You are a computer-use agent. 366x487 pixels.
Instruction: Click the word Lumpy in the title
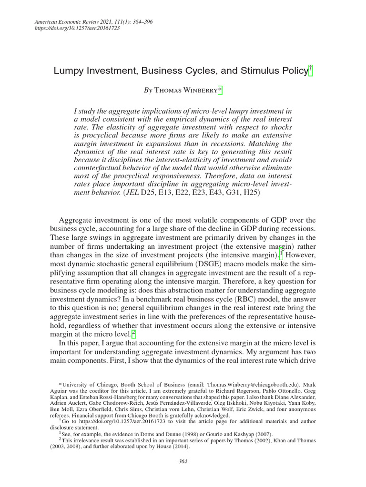point(69,71)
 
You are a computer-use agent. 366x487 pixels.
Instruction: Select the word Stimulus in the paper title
point(247,71)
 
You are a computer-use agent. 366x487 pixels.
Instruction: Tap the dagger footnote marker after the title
point(310,69)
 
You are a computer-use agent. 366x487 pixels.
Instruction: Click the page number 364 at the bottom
point(183,460)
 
